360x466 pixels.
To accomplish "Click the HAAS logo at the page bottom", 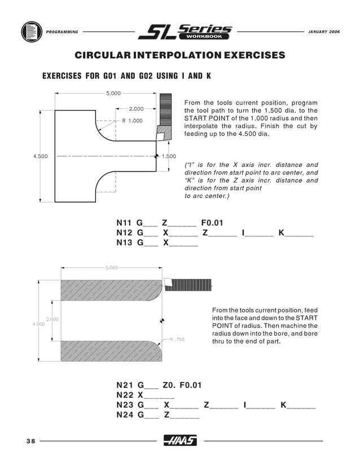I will click(x=180, y=441).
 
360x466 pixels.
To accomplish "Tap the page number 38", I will click(x=30, y=441).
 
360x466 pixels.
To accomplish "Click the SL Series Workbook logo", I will click(x=185, y=32).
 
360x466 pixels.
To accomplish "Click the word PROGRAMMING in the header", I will click(x=62, y=32).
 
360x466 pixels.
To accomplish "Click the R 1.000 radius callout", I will click(x=133, y=121).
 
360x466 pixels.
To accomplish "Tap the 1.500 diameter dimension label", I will click(x=169, y=156).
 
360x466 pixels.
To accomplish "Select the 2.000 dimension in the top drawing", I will click(x=136, y=108).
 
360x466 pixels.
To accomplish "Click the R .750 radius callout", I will click(x=177, y=340).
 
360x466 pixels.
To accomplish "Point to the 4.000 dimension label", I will click(x=38, y=324).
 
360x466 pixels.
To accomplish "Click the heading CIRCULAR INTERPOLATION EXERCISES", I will click(x=180, y=55).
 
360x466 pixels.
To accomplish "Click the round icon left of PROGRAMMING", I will click(x=30, y=32).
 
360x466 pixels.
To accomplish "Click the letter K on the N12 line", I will click(x=281, y=232).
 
